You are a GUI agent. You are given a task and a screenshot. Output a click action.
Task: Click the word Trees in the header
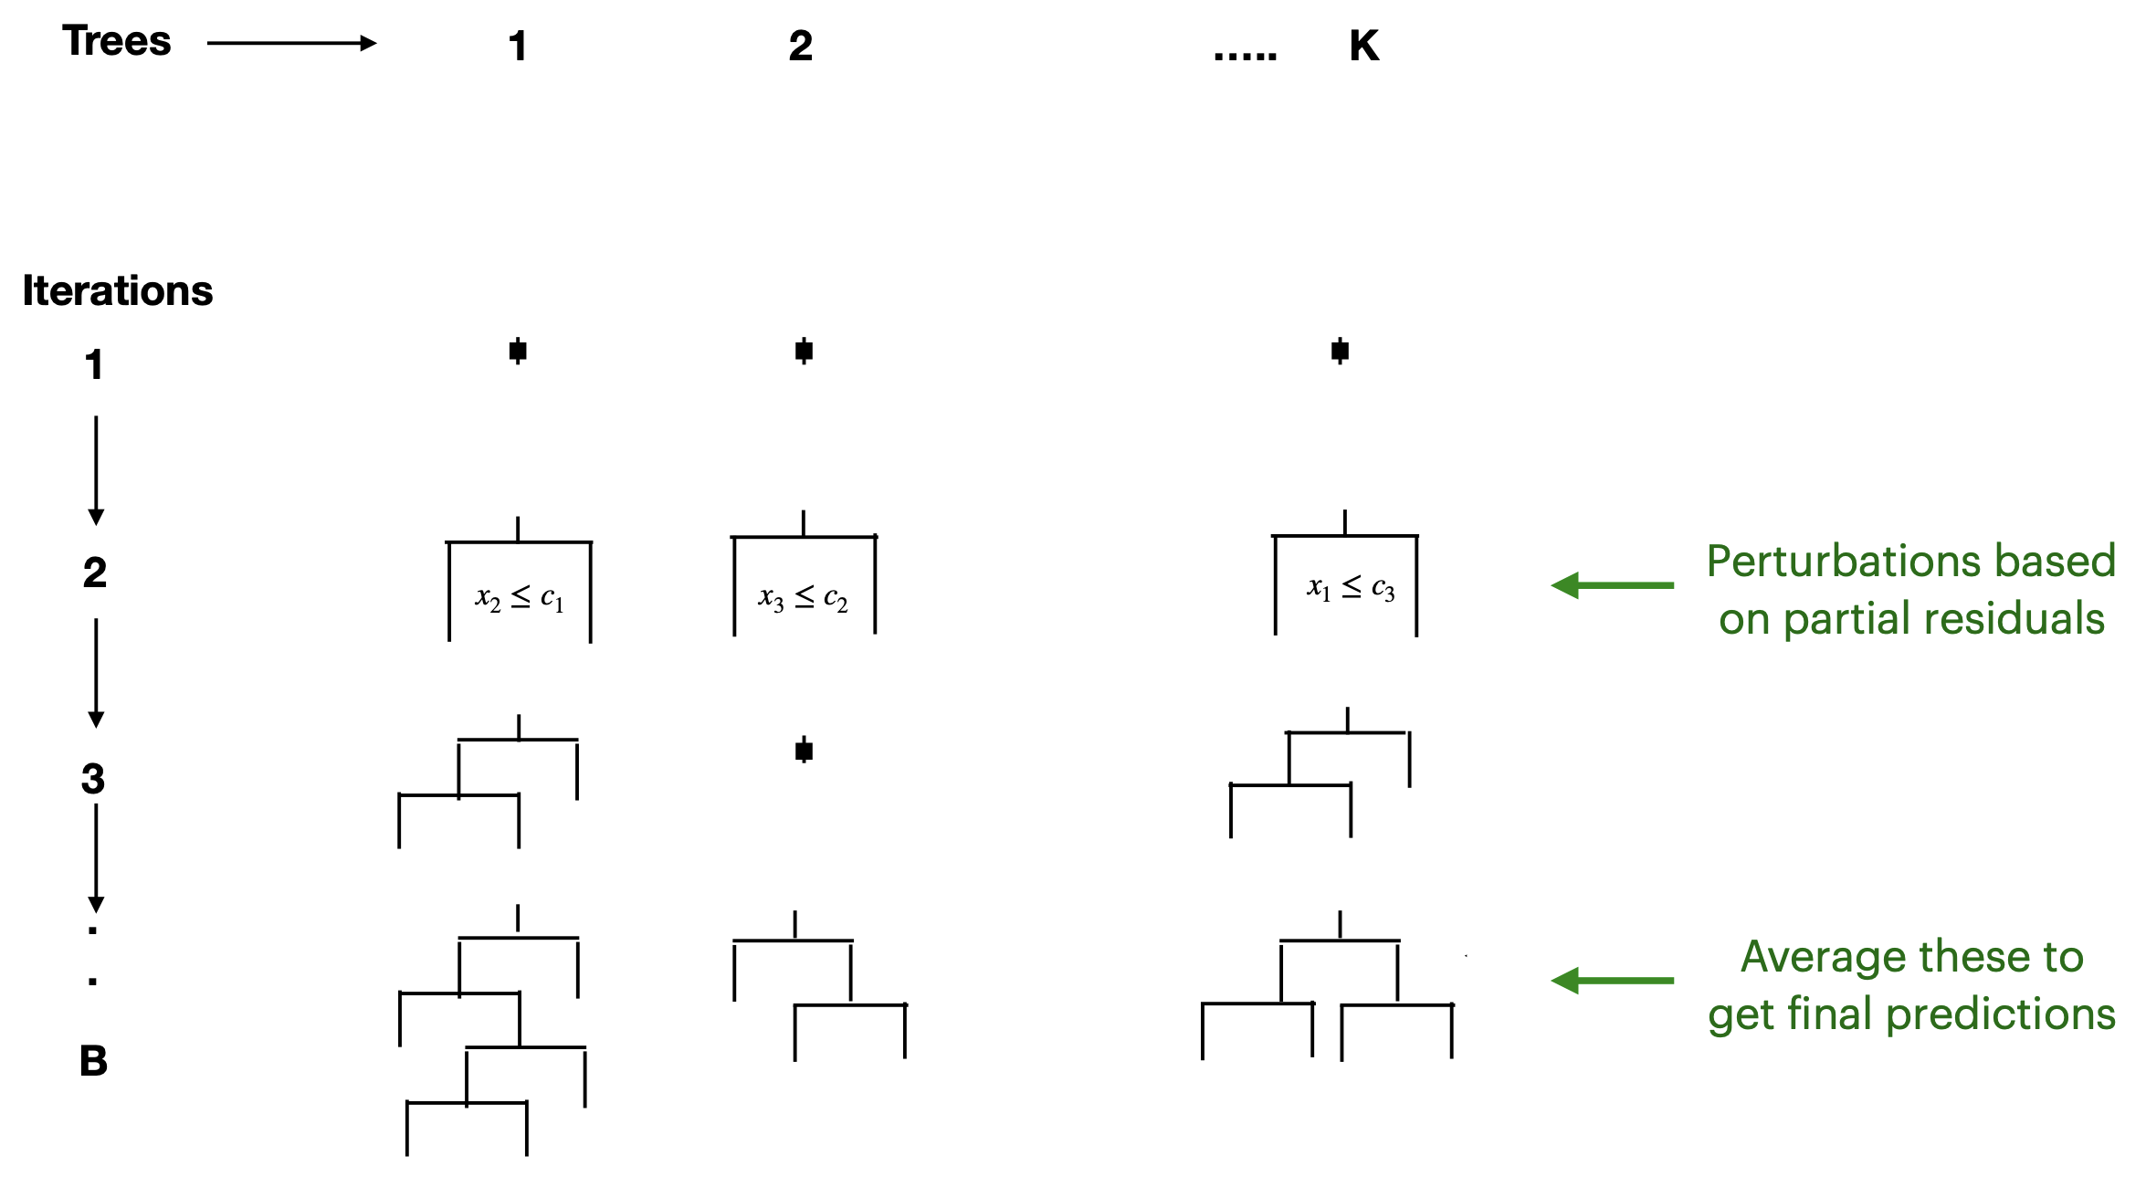116,42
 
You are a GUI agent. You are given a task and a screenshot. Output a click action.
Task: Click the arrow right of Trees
291,43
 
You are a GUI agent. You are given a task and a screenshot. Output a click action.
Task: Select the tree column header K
1363,46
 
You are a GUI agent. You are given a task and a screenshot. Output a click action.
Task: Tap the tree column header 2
800,47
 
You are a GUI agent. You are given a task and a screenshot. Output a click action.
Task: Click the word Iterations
117,291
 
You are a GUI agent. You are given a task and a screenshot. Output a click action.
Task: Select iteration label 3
93,779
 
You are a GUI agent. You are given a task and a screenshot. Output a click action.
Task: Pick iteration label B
93,1061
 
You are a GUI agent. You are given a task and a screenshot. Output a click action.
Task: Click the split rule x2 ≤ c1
519,599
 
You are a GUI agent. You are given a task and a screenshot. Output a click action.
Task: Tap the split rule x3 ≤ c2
803,598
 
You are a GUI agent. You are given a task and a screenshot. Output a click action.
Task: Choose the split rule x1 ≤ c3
1350,588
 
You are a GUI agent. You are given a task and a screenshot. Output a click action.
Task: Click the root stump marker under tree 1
518,351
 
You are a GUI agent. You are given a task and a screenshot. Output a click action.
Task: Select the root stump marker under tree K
1340,351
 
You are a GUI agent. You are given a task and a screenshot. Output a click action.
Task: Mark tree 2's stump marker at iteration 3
804,751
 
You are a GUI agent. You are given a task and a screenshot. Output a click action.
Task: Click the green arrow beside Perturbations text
1612,585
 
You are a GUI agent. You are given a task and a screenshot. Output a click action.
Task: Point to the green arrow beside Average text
1612,981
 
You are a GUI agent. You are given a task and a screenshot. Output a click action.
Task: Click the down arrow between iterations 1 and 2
96,470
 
